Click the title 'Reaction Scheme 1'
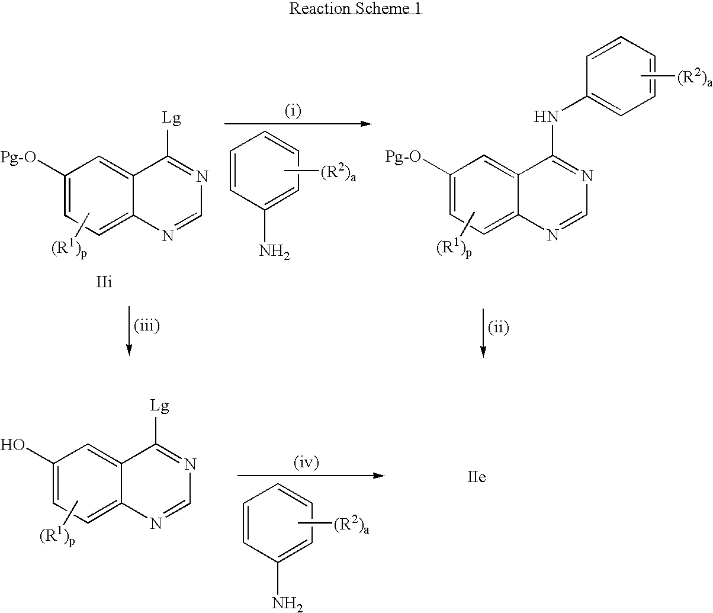[x=355, y=9]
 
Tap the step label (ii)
[x=499, y=328]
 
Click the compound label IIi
[x=105, y=283]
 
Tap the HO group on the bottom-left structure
[x=14, y=444]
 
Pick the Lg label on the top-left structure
[x=171, y=118]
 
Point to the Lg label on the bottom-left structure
[x=159, y=407]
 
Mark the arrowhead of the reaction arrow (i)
[x=364, y=124]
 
